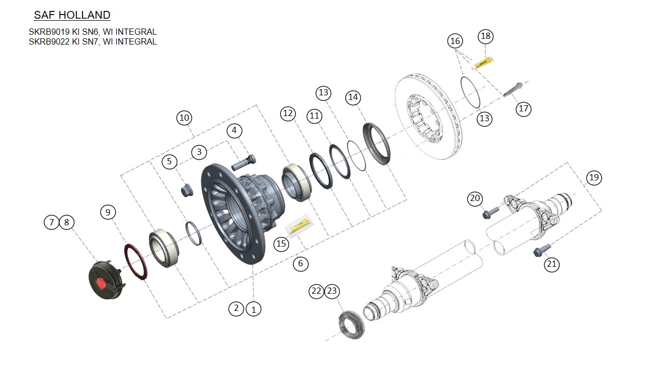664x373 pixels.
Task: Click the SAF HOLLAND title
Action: click(x=72, y=15)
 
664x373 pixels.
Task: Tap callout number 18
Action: click(x=486, y=36)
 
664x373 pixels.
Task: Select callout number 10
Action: click(x=184, y=118)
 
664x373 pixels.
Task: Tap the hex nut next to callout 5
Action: click(x=186, y=191)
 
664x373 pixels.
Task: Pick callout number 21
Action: click(x=551, y=264)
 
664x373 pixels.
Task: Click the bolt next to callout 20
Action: click(x=490, y=212)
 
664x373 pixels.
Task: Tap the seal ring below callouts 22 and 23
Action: click(x=352, y=325)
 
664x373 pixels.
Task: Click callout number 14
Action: click(x=353, y=97)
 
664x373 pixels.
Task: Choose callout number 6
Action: click(x=300, y=264)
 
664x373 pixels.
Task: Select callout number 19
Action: click(x=594, y=178)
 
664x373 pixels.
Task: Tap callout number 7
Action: click(x=51, y=222)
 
